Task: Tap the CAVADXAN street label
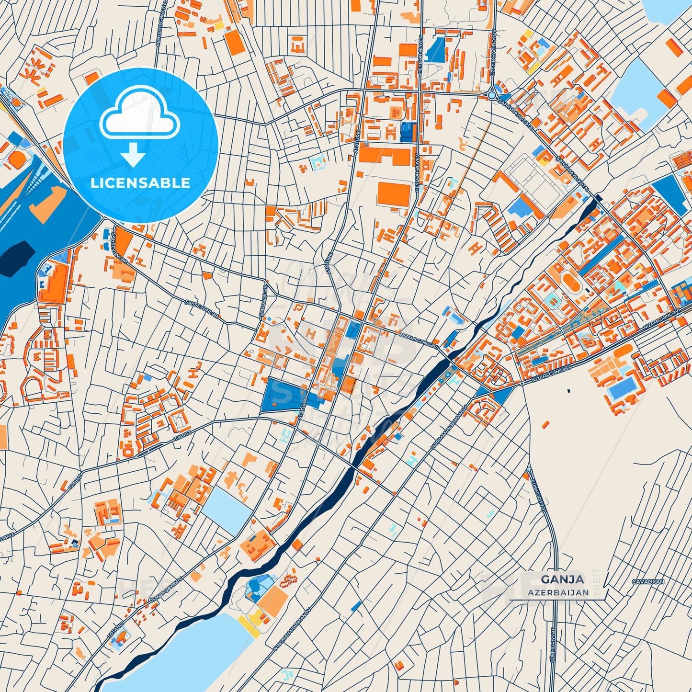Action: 648,582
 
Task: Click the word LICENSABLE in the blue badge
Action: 140,183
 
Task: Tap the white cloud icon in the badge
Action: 139,117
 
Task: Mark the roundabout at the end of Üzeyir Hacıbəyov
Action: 492,95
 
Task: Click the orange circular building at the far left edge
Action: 17,159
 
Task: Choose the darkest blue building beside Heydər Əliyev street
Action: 408,132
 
